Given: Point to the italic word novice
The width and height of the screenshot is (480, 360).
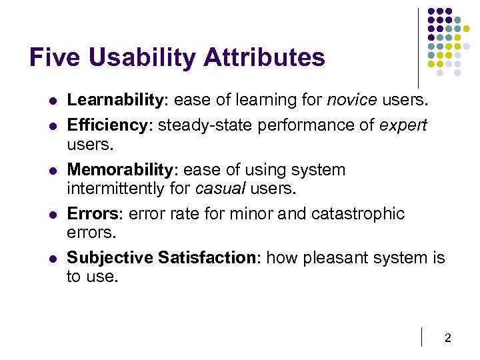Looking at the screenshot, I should (352, 100).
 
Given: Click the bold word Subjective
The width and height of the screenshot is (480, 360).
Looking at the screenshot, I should (109, 257).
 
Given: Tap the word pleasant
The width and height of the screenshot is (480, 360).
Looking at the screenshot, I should (333, 257).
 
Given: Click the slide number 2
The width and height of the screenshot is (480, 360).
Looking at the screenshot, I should (447, 338).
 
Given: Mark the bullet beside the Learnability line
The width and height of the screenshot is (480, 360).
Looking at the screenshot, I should (51, 101).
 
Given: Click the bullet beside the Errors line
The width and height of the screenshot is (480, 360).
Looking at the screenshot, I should (51, 214).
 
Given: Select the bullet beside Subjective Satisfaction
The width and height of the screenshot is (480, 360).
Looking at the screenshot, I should (51, 258).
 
